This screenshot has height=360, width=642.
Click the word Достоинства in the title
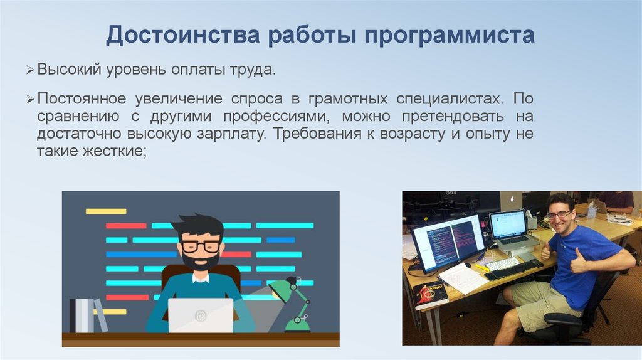pyautogui.click(x=182, y=35)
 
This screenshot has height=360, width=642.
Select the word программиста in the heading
pyautogui.click(x=449, y=36)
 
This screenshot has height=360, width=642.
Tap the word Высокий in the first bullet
pyautogui.click(x=69, y=69)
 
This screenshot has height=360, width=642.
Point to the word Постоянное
pyautogui.click(x=82, y=98)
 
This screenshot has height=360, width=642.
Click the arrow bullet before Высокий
pyautogui.click(x=30, y=70)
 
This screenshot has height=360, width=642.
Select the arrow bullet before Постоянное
pyautogui.click(x=30, y=100)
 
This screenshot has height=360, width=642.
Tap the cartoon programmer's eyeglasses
pyautogui.click(x=201, y=246)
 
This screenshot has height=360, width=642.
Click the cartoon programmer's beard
pyautogui.click(x=200, y=261)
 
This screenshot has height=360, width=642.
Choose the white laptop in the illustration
pyautogui.click(x=201, y=315)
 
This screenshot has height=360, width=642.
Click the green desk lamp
pyautogui.click(x=293, y=304)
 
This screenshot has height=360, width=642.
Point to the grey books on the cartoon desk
pyautogui.click(x=88, y=315)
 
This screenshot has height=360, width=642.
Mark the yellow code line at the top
pyautogui.click(x=106, y=211)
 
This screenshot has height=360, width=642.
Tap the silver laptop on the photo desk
pyautogui.click(x=512, y=231)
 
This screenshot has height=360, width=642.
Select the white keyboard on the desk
pyautogui.click(x=503, y=263)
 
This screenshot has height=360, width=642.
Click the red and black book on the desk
pyautogui.click(x=430, y=295)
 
